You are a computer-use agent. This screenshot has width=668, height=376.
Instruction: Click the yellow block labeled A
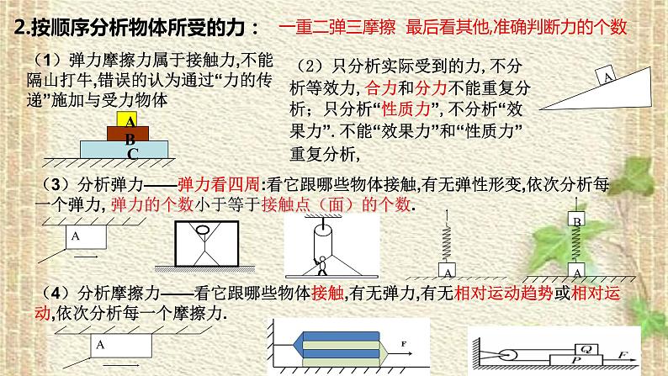point(127,119)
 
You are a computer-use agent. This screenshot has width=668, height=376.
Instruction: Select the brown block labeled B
point(128,134)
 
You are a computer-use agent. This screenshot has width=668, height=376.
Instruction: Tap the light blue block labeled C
point(124,150)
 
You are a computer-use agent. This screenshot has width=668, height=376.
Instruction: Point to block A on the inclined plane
point(606,76)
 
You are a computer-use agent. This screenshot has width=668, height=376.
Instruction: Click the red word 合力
point(381,88)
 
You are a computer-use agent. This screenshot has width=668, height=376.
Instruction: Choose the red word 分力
point(430,88)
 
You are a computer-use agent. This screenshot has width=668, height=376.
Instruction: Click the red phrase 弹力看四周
point(219,184)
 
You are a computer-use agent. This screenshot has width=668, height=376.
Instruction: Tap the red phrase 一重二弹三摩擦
point(337,27)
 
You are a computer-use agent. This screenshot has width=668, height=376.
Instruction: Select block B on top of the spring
point(577,219)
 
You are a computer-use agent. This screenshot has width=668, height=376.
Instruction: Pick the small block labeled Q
point(586,350)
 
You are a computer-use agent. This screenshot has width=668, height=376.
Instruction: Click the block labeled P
point(576,360)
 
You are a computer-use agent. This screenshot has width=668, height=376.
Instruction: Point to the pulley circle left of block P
point(507,355)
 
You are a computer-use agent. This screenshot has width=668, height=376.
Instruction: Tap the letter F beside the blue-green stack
point(404,344)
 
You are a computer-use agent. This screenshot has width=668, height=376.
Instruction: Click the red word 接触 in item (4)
point(327,294)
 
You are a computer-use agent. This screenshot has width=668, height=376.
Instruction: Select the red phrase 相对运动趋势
point(504,294)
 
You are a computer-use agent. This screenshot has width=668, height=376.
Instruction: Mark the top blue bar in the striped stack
point(341,336)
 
